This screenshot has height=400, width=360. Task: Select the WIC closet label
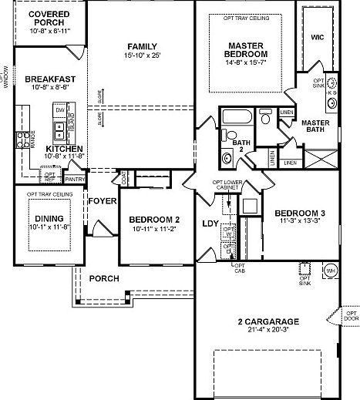(x=317, y=36)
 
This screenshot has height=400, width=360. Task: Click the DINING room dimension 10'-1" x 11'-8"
(x=49, y=227)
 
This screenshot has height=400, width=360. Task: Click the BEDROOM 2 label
(x=155, y=218)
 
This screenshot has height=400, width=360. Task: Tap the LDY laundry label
(x=210, y=224)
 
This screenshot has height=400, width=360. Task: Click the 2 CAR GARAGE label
(x=269, y=321)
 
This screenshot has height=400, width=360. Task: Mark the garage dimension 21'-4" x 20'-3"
(x=269, y=330)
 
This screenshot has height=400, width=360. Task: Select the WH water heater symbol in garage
(x=331, y=271)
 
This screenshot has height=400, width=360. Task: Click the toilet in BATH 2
(x=227, y=158)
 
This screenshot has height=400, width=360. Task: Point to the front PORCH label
(x=103, y=277)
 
